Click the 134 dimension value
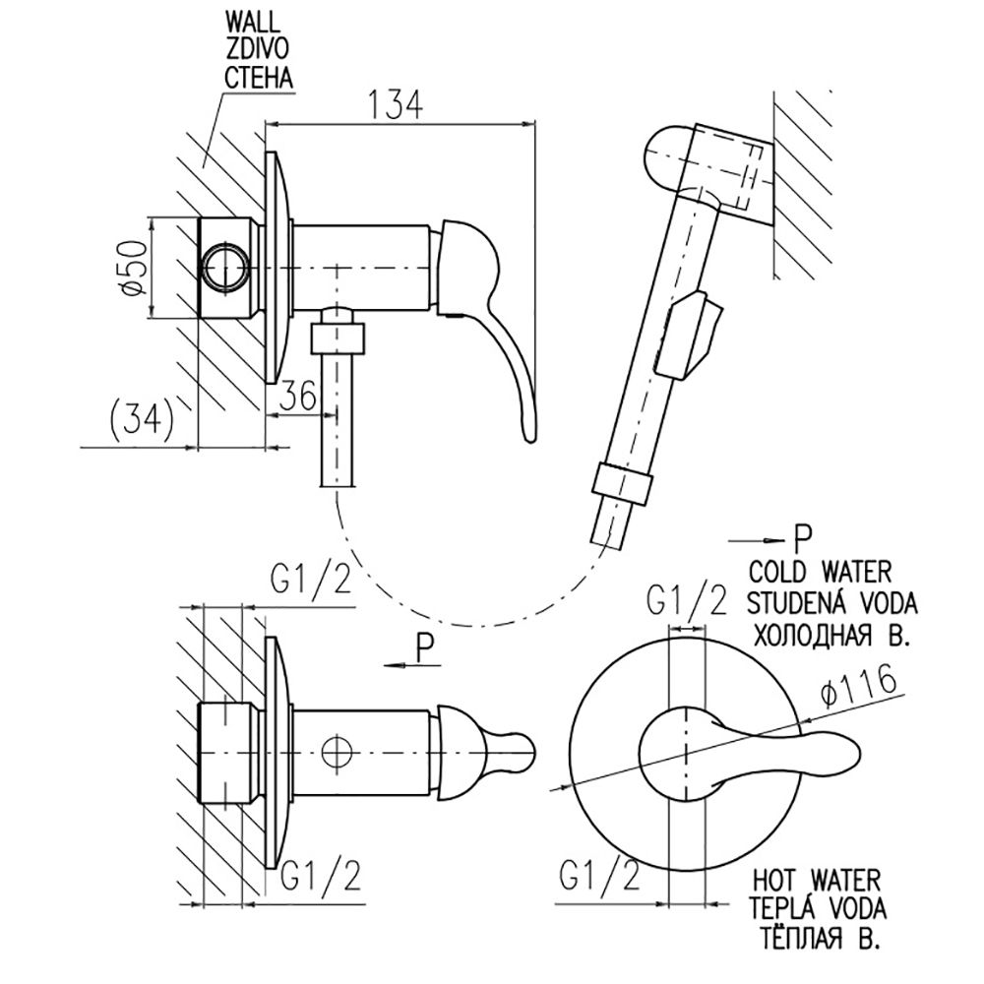tap(396, 104)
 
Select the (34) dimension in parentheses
tap(139, 421)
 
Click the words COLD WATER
tap(820, 570)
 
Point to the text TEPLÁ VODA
tap(819, 905)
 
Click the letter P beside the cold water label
tap(803, 537)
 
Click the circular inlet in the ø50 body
tap(224, 267)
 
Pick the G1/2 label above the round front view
tap(687, 599)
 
